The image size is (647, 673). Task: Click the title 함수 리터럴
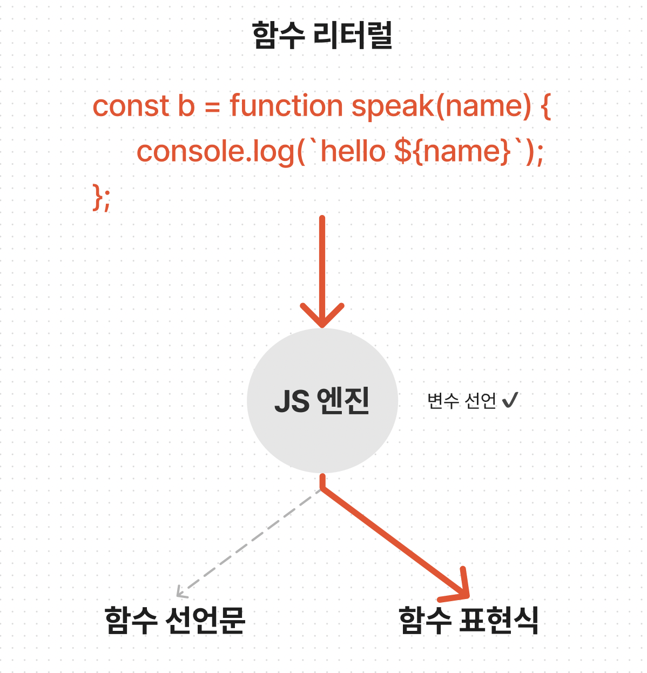coord(322,36)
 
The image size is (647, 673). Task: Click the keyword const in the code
coord(130,106)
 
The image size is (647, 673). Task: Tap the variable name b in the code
coord(186,106)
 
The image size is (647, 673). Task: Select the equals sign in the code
coord(212,107)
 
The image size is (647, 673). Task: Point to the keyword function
coord(286,106)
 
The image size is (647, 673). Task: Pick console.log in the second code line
coord(216,152)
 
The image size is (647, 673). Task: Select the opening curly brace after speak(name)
coord(545,107)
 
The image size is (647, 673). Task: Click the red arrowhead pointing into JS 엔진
coord(322,316)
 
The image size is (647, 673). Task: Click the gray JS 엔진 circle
coord(322,401)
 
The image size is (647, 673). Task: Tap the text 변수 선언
coord(461,401)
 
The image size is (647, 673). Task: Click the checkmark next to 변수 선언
coord(510,400)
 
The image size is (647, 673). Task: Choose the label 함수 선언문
coord(175,620)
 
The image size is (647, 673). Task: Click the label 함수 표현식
coord(468,620)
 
